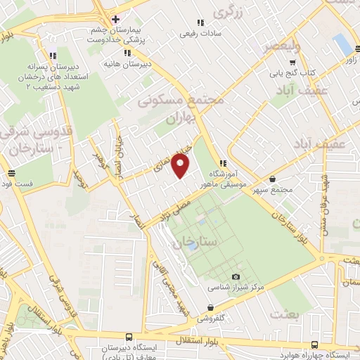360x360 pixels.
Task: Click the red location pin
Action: coord(181,167)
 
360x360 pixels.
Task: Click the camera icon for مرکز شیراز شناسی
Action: coord(235,277)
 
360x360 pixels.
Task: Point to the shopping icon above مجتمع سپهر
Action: coord(273,179)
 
